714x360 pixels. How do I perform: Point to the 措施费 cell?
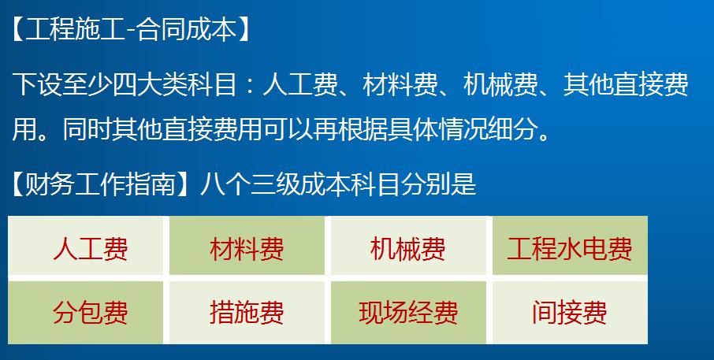point(247,312)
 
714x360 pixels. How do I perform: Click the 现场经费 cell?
point(408,312)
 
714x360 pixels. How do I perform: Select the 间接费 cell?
point(569,312)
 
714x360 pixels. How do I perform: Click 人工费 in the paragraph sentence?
point(300,84)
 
